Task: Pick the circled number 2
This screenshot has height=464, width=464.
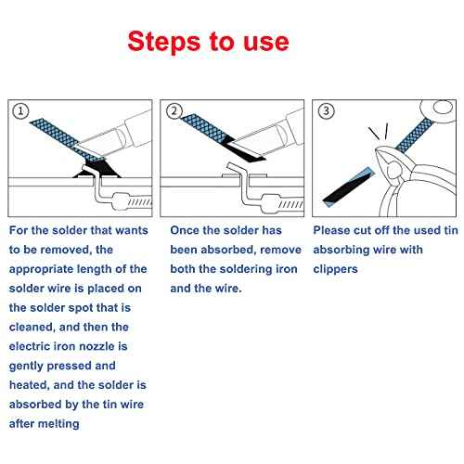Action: (174, 111)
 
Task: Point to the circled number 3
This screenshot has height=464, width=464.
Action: (324, 111)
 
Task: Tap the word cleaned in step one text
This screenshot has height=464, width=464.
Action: (35, 327)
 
